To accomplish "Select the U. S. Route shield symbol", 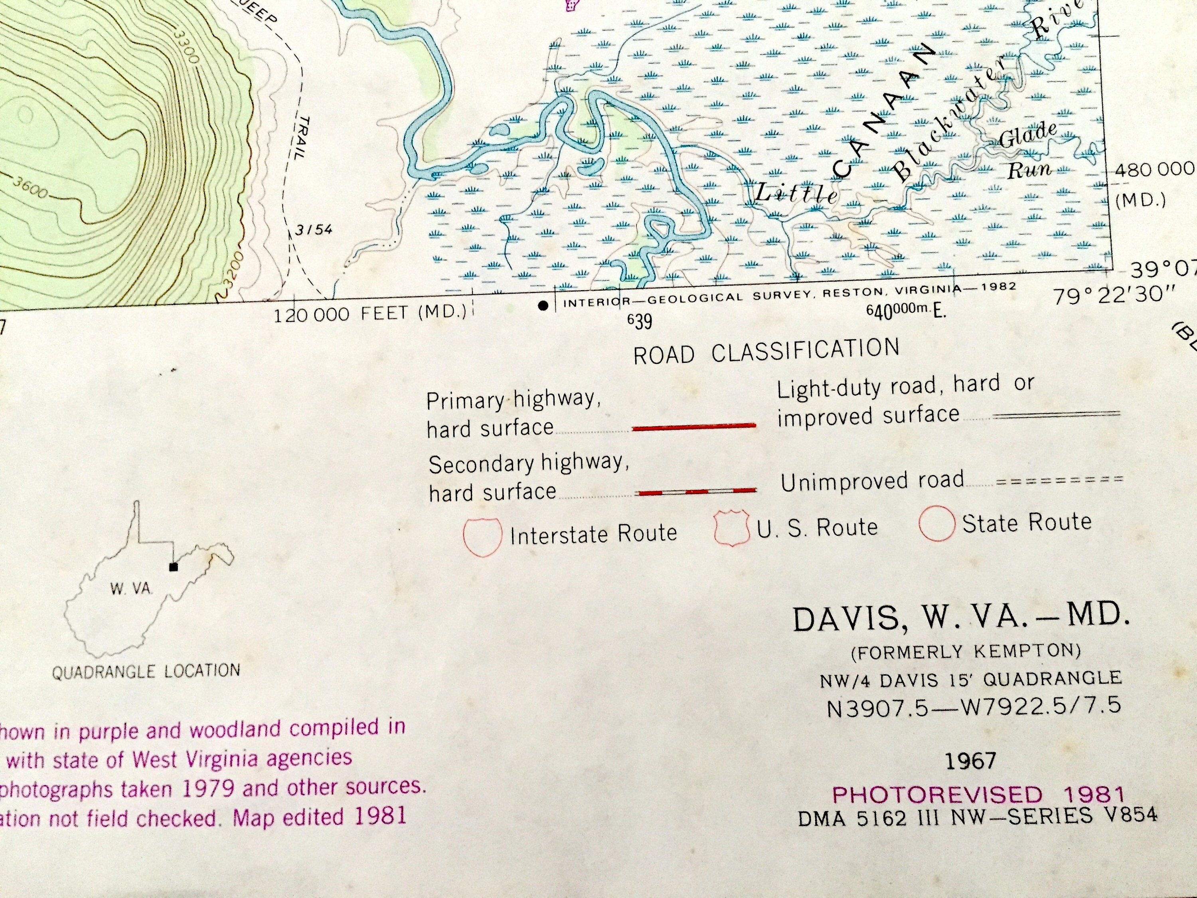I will pos(732,528).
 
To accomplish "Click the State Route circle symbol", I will pos(937,523).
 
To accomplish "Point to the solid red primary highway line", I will pos(694,427).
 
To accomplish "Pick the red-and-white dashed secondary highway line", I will pos(696,491).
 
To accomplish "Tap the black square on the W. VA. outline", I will pos(174,567).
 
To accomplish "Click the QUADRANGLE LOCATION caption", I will pos(146,672).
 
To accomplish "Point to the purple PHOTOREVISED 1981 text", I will pos(978,795).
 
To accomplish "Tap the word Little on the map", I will pos(796,193).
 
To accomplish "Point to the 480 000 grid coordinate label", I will pos(1153,170).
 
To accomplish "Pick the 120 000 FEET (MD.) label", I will pos(369,314).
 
